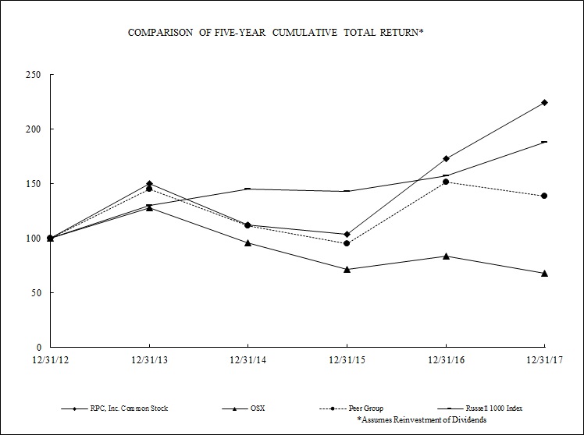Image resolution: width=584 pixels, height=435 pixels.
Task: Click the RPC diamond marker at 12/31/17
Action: (x=544, y=102)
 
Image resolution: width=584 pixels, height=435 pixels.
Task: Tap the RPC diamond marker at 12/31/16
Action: (x=446, y=158)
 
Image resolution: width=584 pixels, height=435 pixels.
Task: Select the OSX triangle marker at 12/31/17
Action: (x=544, y=273)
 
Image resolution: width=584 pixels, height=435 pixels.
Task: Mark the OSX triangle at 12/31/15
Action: (x=347, y=269)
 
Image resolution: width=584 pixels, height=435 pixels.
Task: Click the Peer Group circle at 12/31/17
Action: (x=544, y=196)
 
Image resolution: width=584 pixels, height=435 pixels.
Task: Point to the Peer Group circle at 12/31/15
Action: (x=347, y=243)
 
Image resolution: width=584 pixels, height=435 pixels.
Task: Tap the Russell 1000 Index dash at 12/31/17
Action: (x=544, y=142)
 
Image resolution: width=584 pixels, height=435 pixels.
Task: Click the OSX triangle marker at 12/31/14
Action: (x=247, y=242)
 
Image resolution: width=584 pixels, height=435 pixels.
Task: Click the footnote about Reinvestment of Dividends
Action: (x=422, y=419)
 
